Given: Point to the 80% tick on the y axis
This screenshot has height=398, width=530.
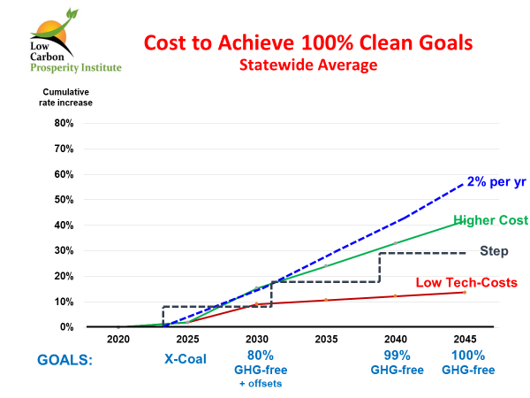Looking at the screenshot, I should coord(63,122).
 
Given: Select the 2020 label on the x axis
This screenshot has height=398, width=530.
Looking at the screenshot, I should coord(118,339).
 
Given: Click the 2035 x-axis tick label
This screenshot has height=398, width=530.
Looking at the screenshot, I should coord(326,339).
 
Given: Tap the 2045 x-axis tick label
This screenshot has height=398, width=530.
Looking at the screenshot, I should coord(464,339).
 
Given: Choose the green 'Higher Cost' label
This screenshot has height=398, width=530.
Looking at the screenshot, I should coord(490,219).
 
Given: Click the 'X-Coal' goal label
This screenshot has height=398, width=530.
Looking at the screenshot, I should coord(186,361).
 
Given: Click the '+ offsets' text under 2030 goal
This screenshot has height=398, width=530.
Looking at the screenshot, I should coord(256,384).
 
